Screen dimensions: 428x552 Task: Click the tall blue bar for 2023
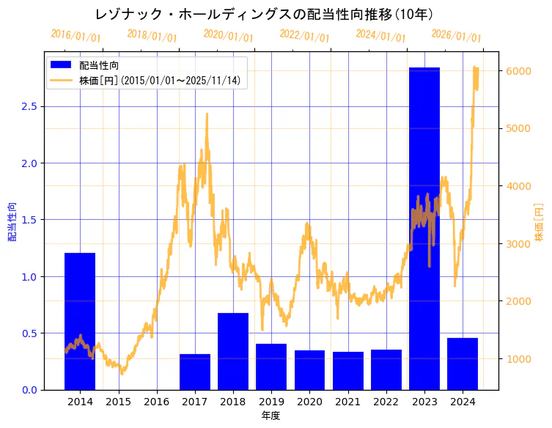(424, 227)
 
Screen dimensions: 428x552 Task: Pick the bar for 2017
(195, 372)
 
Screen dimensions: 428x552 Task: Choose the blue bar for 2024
(463, 364)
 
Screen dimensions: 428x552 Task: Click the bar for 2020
(309, 370)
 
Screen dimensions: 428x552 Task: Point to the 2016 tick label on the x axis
(156, 402)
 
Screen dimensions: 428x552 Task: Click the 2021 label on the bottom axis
(347, 402)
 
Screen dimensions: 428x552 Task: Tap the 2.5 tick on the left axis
(29, 106)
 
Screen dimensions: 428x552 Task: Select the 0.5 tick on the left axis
(29, 333)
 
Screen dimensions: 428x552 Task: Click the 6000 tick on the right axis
(518, 71)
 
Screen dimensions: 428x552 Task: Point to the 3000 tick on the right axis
(518, 244)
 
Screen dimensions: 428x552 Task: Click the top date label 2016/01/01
(76, 36)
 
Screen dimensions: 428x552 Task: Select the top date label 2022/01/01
(305, 36)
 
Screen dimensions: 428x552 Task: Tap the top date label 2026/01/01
(457, 36)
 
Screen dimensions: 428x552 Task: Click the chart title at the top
(264, 14)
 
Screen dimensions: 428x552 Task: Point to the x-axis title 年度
(271, 416)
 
